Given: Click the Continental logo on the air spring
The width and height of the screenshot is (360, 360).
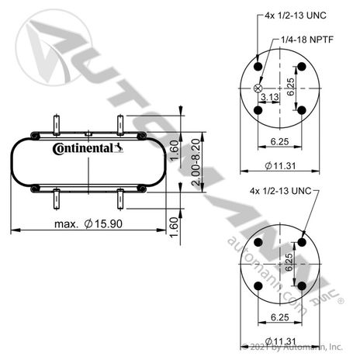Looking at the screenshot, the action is [x=88, y=148].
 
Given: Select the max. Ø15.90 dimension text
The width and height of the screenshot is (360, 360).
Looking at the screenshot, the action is [x=88, y=223].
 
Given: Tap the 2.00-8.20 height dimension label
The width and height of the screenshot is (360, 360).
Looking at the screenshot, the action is [x=196, y=162].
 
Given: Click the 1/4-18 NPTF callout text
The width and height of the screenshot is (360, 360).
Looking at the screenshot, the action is [x=307, y=40].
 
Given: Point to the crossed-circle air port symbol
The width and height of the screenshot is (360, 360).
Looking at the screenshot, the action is [x=258, y=88].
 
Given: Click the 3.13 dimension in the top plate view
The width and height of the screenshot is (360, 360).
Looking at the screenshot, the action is [x=270, y=97].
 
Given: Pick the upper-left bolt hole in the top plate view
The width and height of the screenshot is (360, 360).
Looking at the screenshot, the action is [x=258, y=67].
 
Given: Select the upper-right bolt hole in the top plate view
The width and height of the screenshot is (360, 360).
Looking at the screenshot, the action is [x=302, y=67].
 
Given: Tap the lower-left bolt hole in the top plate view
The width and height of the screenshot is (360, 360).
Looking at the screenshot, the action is [x=258, y=110].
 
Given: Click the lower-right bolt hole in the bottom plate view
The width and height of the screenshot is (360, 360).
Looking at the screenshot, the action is [x=302, y=286].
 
